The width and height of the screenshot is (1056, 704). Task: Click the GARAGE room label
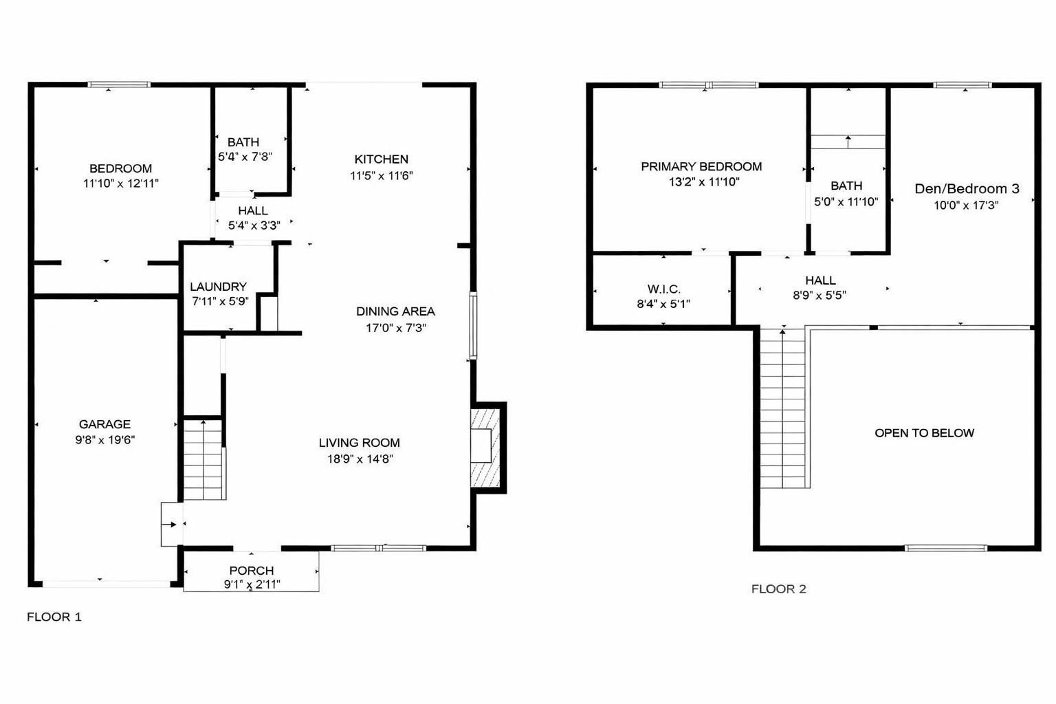point(104,424)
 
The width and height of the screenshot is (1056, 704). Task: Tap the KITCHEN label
point(382,159)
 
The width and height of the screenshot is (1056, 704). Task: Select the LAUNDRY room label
point(218,287)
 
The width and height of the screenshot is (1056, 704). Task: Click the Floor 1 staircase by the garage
point(203,459)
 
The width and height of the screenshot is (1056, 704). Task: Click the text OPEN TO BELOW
point(924,433)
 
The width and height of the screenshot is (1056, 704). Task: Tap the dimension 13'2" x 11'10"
point(704,182)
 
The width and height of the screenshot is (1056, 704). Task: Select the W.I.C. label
point(663,289)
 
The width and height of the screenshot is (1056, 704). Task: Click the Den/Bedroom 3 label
point(967,188)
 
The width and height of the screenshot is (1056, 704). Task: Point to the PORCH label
point(251,571)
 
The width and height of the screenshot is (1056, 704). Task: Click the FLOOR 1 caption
point(54,617)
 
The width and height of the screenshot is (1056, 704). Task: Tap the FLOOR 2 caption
point(779,589)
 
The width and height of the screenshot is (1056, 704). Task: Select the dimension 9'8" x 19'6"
point(105,440)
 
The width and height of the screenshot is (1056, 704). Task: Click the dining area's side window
point(473,325)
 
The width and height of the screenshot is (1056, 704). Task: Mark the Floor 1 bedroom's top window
point(119,85)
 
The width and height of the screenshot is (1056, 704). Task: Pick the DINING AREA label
point(395,311)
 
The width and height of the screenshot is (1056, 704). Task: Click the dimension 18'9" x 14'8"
point(360,459)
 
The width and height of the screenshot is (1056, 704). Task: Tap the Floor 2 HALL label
point(820,280)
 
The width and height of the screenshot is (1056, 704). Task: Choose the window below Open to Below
point(946,548)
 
